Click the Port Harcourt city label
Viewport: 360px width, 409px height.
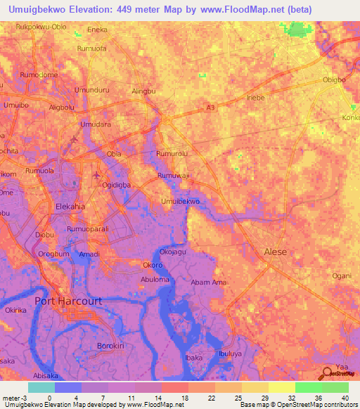(68, 301)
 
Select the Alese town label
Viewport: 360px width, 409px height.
(275, 251)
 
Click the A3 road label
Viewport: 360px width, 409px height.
(210, 108)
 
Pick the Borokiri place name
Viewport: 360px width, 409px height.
(110, 346)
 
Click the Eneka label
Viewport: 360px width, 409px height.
(96, 30)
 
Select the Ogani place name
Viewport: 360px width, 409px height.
(342, 275)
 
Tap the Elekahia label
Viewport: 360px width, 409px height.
(70, 207)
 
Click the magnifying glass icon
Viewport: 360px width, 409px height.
(328, 374)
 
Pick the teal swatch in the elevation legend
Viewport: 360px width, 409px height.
(41, 387)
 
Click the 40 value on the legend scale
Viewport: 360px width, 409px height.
(346, 398)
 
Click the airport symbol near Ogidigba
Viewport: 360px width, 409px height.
(97, 174)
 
